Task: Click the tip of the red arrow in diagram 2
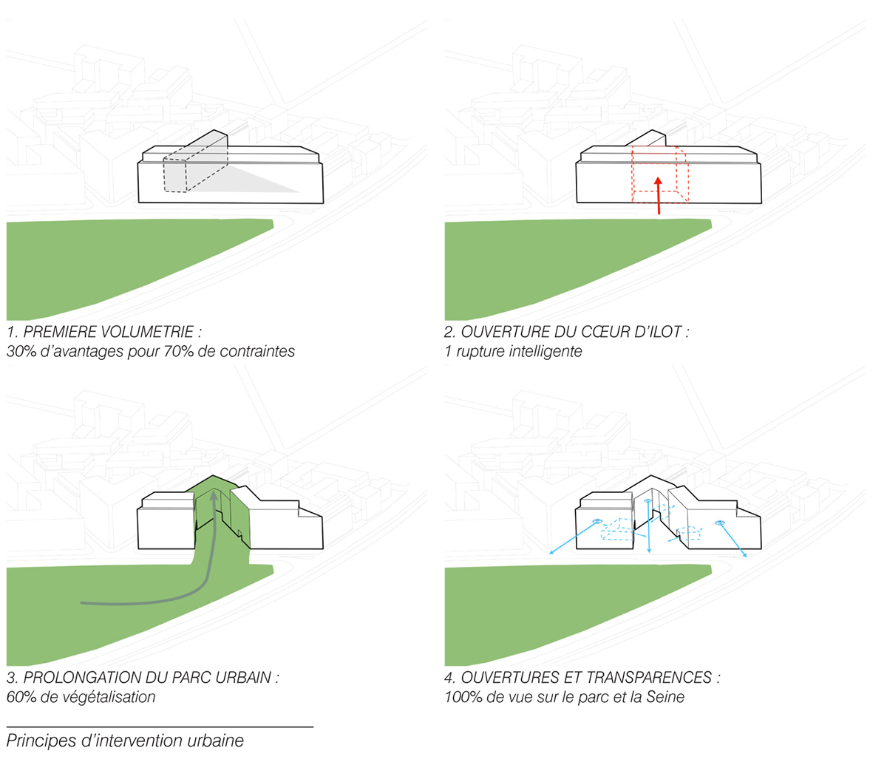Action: [657, 177]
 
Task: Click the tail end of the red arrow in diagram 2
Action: [659, 214]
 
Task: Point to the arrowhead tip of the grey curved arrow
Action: [214, 491]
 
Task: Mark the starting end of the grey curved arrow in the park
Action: [81, 603]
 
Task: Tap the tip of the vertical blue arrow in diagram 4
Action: [649, 553]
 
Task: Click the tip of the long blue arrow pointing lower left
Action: [550, 554]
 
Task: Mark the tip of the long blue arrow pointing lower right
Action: [747, 557]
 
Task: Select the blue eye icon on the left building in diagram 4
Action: [597, 521]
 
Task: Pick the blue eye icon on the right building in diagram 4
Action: [720, 522]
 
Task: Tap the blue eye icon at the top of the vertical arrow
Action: [648, 500]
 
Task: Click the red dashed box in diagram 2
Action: [660, 174]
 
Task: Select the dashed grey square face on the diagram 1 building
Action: [175, 175]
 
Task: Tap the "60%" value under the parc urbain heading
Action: [21, 697]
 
